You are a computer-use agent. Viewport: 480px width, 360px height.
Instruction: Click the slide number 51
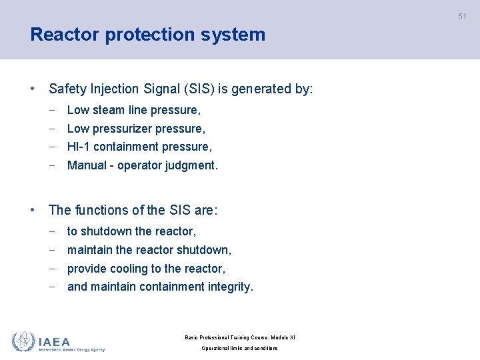pos(462,17)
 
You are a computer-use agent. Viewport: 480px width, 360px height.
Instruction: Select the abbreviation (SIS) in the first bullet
pos(195,89)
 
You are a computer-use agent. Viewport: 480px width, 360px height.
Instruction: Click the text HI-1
pos(79,147)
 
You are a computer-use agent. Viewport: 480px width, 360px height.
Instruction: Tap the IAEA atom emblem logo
pos(23,342)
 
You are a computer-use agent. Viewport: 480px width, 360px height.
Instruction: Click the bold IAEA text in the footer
pos(54,341)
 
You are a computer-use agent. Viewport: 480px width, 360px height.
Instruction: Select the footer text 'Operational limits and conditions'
pos(240,349)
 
